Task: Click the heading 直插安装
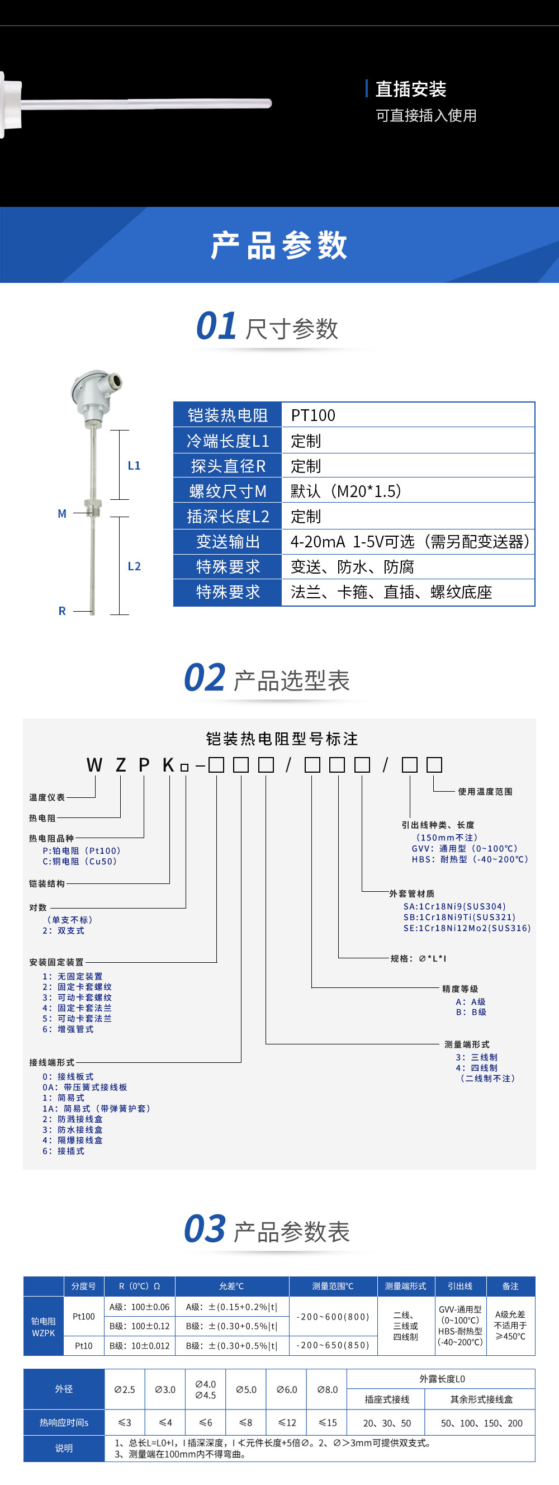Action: pyautogui.click(x=410, y=89)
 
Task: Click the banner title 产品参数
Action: pyautogui.click(x=279, y=245)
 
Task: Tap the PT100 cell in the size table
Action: pyautogui.click(x=313, y=415)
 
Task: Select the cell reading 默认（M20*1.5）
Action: pyautogui.click(x=346, y=491)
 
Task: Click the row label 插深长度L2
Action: pyautogui.click(x=228, y=517)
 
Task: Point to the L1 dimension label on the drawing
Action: pyautogui.click(x=134, y=465)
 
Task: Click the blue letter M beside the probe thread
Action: pyautogui.click(x=62, y=514)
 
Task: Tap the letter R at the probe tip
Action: pyautogui.click(x=62, y=611)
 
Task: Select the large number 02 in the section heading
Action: pyautogui.click(x=205, y=678)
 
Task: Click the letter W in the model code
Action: pyautogui.click(x=94, y=765)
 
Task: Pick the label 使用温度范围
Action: pyautogui.click(x=485, y=792)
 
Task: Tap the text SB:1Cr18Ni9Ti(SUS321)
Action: pyautogui.click(x=459, y=917)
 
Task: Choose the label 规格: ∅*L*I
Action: pyautogui.click(x=418, y=959)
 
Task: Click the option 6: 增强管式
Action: pyautogui.click(x=68, y=1029)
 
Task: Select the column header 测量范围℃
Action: pyautogui.click(x=333, y=1286)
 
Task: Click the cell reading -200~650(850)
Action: pyautogui.click(x=333, y=1345)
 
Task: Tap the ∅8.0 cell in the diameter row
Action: pyautogui.click(x=328, y=1389)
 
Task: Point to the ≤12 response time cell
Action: pyautogui.click(x=287, y=1423)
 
